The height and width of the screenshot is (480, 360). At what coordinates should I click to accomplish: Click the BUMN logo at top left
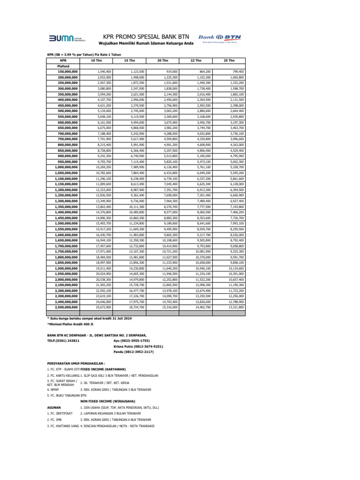(65, 39)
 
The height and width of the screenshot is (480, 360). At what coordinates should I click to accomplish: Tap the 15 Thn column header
(129, 61)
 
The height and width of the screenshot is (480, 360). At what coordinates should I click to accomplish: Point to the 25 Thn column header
(229, 61)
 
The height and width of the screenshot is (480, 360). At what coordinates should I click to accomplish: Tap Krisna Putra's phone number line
(138, 346)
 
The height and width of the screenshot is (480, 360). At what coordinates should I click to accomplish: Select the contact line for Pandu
(134, 352)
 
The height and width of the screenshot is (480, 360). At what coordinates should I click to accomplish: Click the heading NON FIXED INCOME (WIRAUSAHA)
(108, 401)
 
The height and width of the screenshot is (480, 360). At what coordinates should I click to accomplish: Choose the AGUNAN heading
(54, 407)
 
